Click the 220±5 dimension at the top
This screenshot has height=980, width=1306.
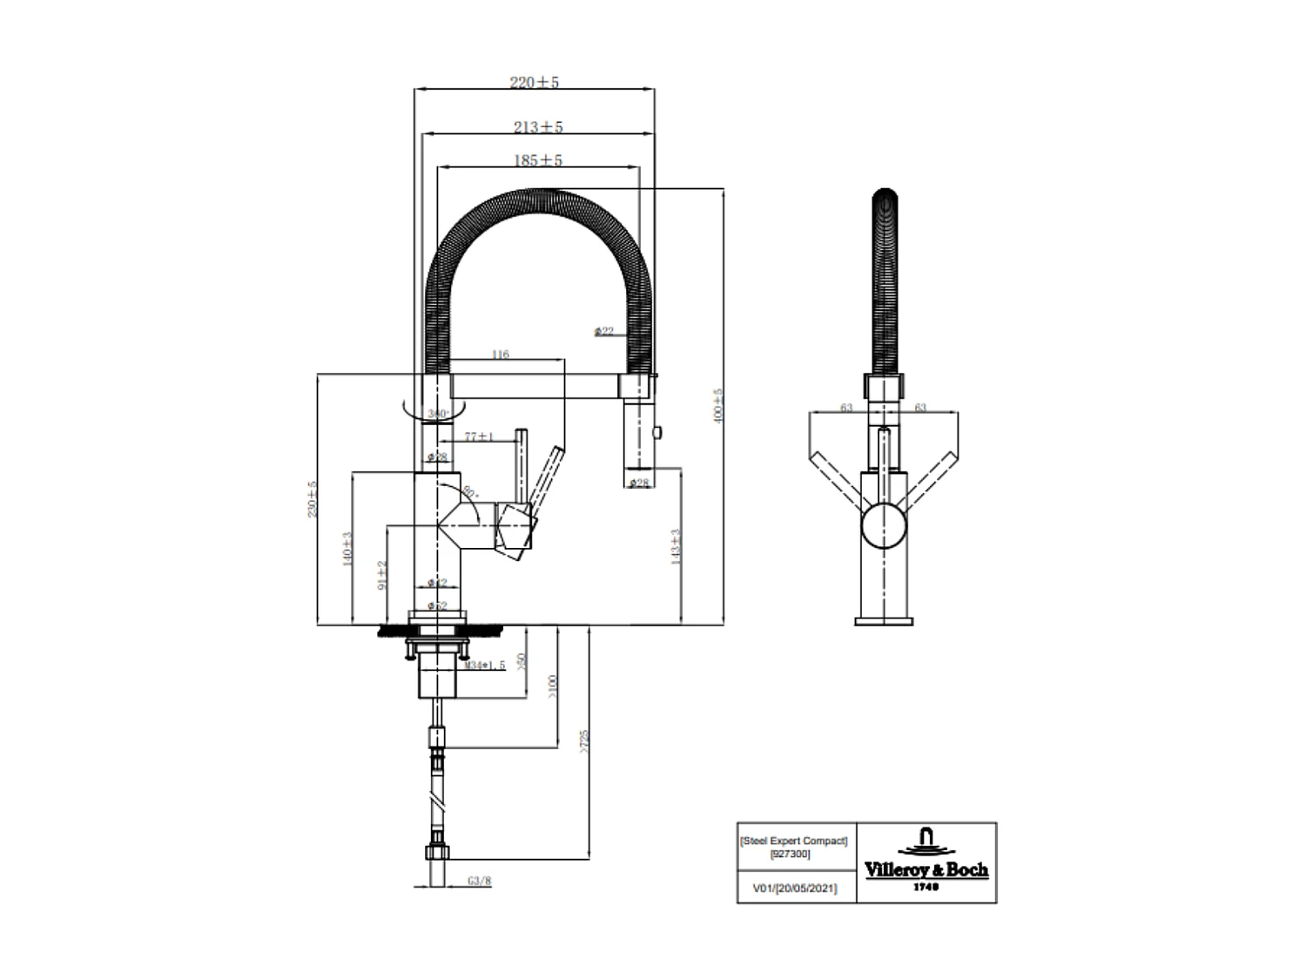point(534,82)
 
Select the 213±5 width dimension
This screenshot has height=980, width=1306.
point(538,127)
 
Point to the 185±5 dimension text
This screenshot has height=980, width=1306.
point(538,160)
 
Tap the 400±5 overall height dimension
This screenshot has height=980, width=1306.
point(718,406)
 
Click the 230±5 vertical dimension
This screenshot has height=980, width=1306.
point(312,499)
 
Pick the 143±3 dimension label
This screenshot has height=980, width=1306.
point(676,546)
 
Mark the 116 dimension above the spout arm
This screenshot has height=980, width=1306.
point(500,355)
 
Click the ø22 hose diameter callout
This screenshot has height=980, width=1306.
point(604,331)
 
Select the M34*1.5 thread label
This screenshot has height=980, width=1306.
point(484,666)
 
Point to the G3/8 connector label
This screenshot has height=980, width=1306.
point(480,881)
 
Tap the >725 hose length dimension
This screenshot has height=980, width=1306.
point(584,741)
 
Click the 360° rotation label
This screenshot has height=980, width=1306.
point(437,413)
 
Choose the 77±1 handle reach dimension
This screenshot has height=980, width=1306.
point(479,436)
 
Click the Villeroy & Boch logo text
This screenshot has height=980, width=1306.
point(926,869)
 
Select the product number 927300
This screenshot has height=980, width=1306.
point(791,855)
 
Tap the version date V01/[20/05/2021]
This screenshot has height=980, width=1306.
point(794,889)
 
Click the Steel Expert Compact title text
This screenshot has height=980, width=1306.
point(793,841)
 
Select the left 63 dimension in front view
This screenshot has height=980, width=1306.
point(846,407)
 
